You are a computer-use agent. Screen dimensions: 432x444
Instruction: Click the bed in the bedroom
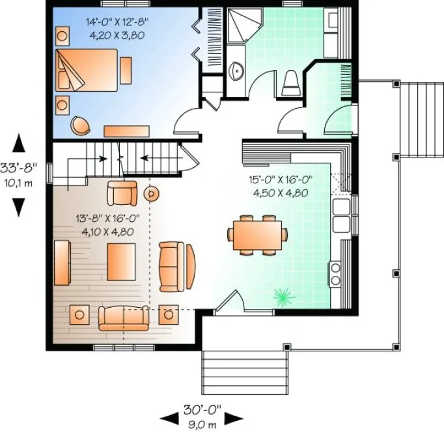(87, 70)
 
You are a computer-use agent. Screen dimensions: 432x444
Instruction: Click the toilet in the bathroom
(290, 83)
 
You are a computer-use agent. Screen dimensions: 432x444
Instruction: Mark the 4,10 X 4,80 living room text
(107, 231)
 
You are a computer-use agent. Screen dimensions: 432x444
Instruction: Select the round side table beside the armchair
(152, 193)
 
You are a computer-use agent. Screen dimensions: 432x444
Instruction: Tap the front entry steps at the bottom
(228, 368)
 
